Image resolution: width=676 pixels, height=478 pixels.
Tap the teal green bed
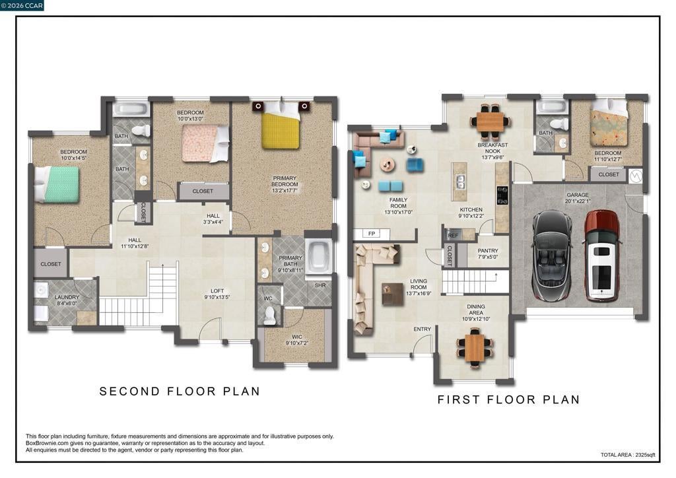tap(57, 184)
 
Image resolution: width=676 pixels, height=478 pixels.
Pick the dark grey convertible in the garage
tap(552, 255)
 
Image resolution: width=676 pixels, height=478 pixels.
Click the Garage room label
tap(578, 198)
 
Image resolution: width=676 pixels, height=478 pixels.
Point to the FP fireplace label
tap(372, 234)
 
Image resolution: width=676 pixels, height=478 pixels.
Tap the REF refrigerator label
tap(453, 236)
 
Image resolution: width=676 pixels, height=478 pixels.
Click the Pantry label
tap(488, 254)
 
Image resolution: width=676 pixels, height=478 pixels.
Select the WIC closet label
tap(296, 340)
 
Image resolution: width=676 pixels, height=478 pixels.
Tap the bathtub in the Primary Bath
tap(318, 256)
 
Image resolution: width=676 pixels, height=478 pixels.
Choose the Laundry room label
tap(67, 300)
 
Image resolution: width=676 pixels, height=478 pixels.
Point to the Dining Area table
tap(475, 347)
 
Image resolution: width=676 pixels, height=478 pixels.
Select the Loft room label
tap(217, 294)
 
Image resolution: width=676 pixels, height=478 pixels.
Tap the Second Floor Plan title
tap(180, 392)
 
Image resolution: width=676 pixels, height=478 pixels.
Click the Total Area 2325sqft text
tap(628, 455)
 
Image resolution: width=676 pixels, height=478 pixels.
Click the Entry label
tap(422, 329)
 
